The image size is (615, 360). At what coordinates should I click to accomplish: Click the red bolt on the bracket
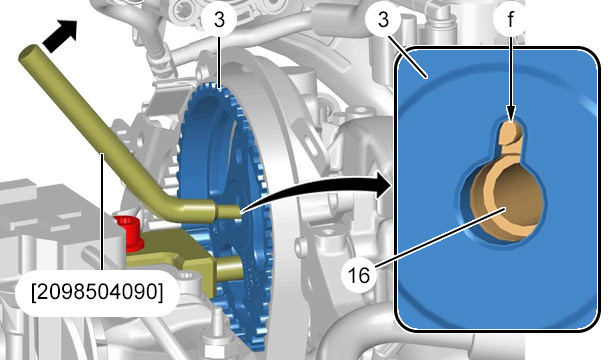click(128, 232)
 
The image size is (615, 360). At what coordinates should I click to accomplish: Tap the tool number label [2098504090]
click(97, 292)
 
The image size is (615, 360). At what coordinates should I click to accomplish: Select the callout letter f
click(510, 20)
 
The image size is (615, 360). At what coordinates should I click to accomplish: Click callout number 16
click(358, 275)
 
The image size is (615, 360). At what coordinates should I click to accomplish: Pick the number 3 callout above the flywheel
click(219, 19)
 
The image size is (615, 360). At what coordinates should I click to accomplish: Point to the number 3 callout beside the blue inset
click(383, 19)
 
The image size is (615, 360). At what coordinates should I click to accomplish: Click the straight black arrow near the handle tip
click(59, 36)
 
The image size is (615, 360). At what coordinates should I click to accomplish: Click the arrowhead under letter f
click(510, 114)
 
